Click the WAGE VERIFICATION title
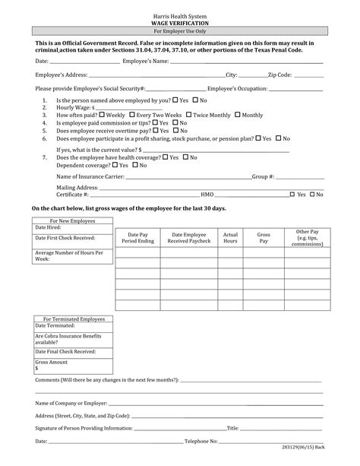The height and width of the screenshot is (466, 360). click(180, 24)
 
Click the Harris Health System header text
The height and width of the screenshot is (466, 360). click(180, 17)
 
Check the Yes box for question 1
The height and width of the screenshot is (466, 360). click(175, 100)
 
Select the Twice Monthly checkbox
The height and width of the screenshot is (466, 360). click(189, 115)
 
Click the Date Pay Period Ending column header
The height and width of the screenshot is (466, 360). click(137, 237)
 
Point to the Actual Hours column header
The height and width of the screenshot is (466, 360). click(230, 237)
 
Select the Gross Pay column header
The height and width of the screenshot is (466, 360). click(264, 237)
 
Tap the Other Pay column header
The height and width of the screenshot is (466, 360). click(307, 237)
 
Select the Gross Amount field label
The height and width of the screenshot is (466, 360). click(52, 362)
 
